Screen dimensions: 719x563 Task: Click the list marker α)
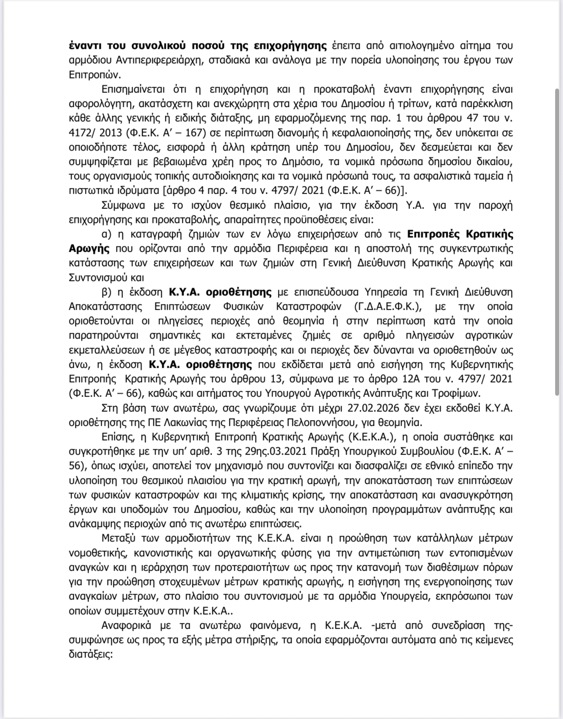coord(107,234)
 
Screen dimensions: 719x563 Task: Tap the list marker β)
coord(107,292)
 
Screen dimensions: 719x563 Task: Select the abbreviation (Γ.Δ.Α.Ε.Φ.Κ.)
coord(388,306)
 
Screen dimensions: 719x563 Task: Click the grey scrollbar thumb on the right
coord(557,242)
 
